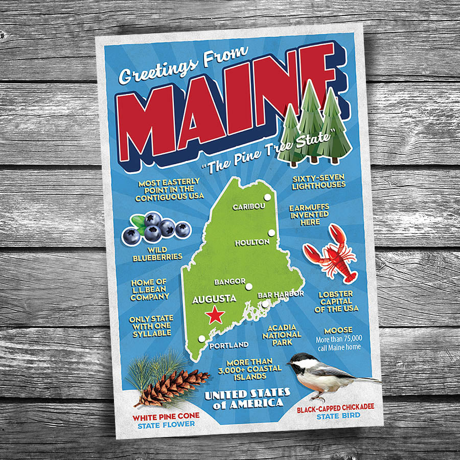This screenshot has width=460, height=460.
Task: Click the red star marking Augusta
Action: [215, 315]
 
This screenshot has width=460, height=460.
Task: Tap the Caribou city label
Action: [249, 207]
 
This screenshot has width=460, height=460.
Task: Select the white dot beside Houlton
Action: [271, 233]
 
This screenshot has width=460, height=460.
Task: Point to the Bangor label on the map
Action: [229, 282]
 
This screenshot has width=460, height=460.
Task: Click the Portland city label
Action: [228, 345]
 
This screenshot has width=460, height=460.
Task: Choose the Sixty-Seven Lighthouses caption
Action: [318, 181]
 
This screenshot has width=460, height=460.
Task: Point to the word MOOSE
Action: [338, 331]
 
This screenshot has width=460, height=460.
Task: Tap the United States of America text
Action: [243, 398]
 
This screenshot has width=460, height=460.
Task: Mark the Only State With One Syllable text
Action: [151, 326]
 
